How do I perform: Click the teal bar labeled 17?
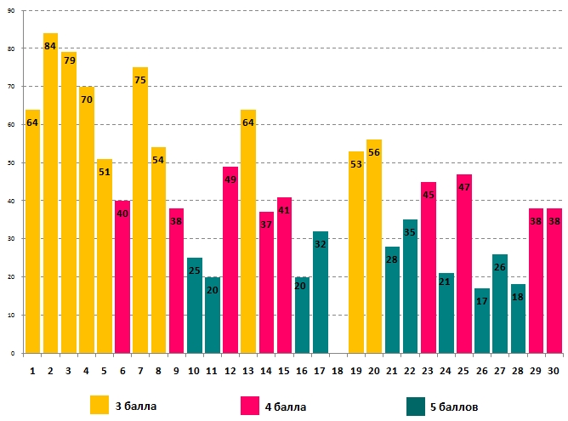click(481, 323)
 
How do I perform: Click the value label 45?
click(428, 196)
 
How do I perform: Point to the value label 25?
click(194, 270)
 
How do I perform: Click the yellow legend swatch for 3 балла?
click(99, 404)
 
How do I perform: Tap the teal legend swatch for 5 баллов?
click(416, 404)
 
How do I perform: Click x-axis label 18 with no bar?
click(338, 371)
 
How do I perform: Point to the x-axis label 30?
click(554, 371)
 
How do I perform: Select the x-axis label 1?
click(32, 371)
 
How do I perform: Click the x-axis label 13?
click(247, 371)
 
